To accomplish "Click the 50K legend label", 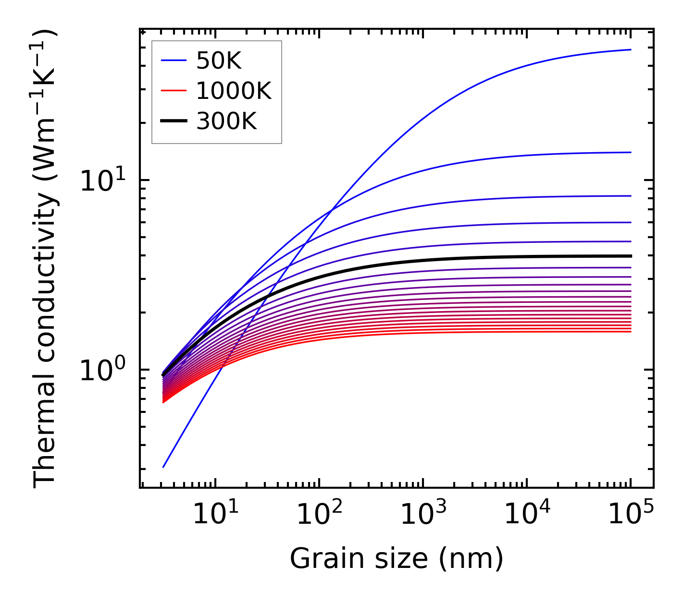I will click(219, 60).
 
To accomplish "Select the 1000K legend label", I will click(234, 91).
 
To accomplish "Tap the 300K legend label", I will click(226, 121).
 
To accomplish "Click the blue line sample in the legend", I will click(174, 60).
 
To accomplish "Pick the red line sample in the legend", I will click(174, 91).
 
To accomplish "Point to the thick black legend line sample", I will click(174, 121).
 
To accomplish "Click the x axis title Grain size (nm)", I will click(397, 559).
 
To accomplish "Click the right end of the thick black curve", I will click(630, 256).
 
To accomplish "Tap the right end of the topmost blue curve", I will click(630, 49).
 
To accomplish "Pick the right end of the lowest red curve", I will click(630, 332).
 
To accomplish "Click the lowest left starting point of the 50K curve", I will click(163, 467).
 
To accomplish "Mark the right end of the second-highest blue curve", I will click(630, 152).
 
